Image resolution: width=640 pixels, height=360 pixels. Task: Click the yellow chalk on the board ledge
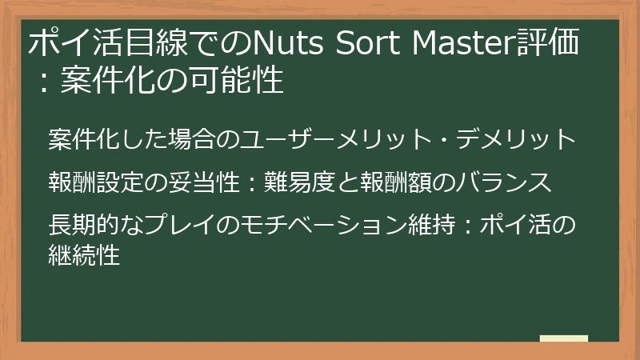(x=563, y=338)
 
